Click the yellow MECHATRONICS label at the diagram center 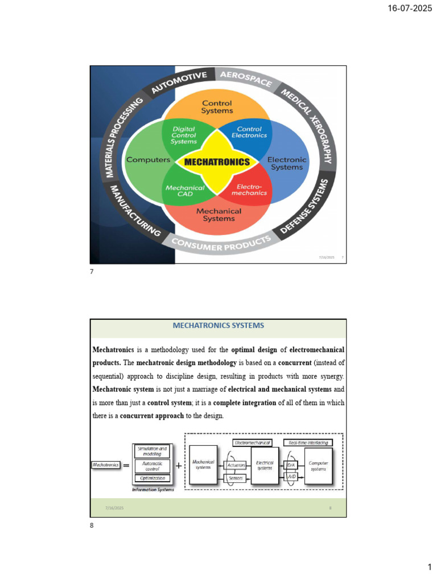[x=217, y=162]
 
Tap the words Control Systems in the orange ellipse [x=217, y=107]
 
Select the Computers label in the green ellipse [x=148, y=160]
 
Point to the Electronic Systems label [x=287, y=163]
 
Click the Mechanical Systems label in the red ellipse [x=218, y=215]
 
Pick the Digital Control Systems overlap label [x=183, y=136]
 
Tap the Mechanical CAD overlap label [x=185, y=191]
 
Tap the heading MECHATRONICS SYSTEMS [x=218, y=326]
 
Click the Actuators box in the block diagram [x=236, y=465]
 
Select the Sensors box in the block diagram [x=236, y=478]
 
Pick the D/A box [x=291, y=465]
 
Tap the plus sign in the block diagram [x=179, y=465]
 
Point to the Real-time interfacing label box [x=308, y=442]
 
